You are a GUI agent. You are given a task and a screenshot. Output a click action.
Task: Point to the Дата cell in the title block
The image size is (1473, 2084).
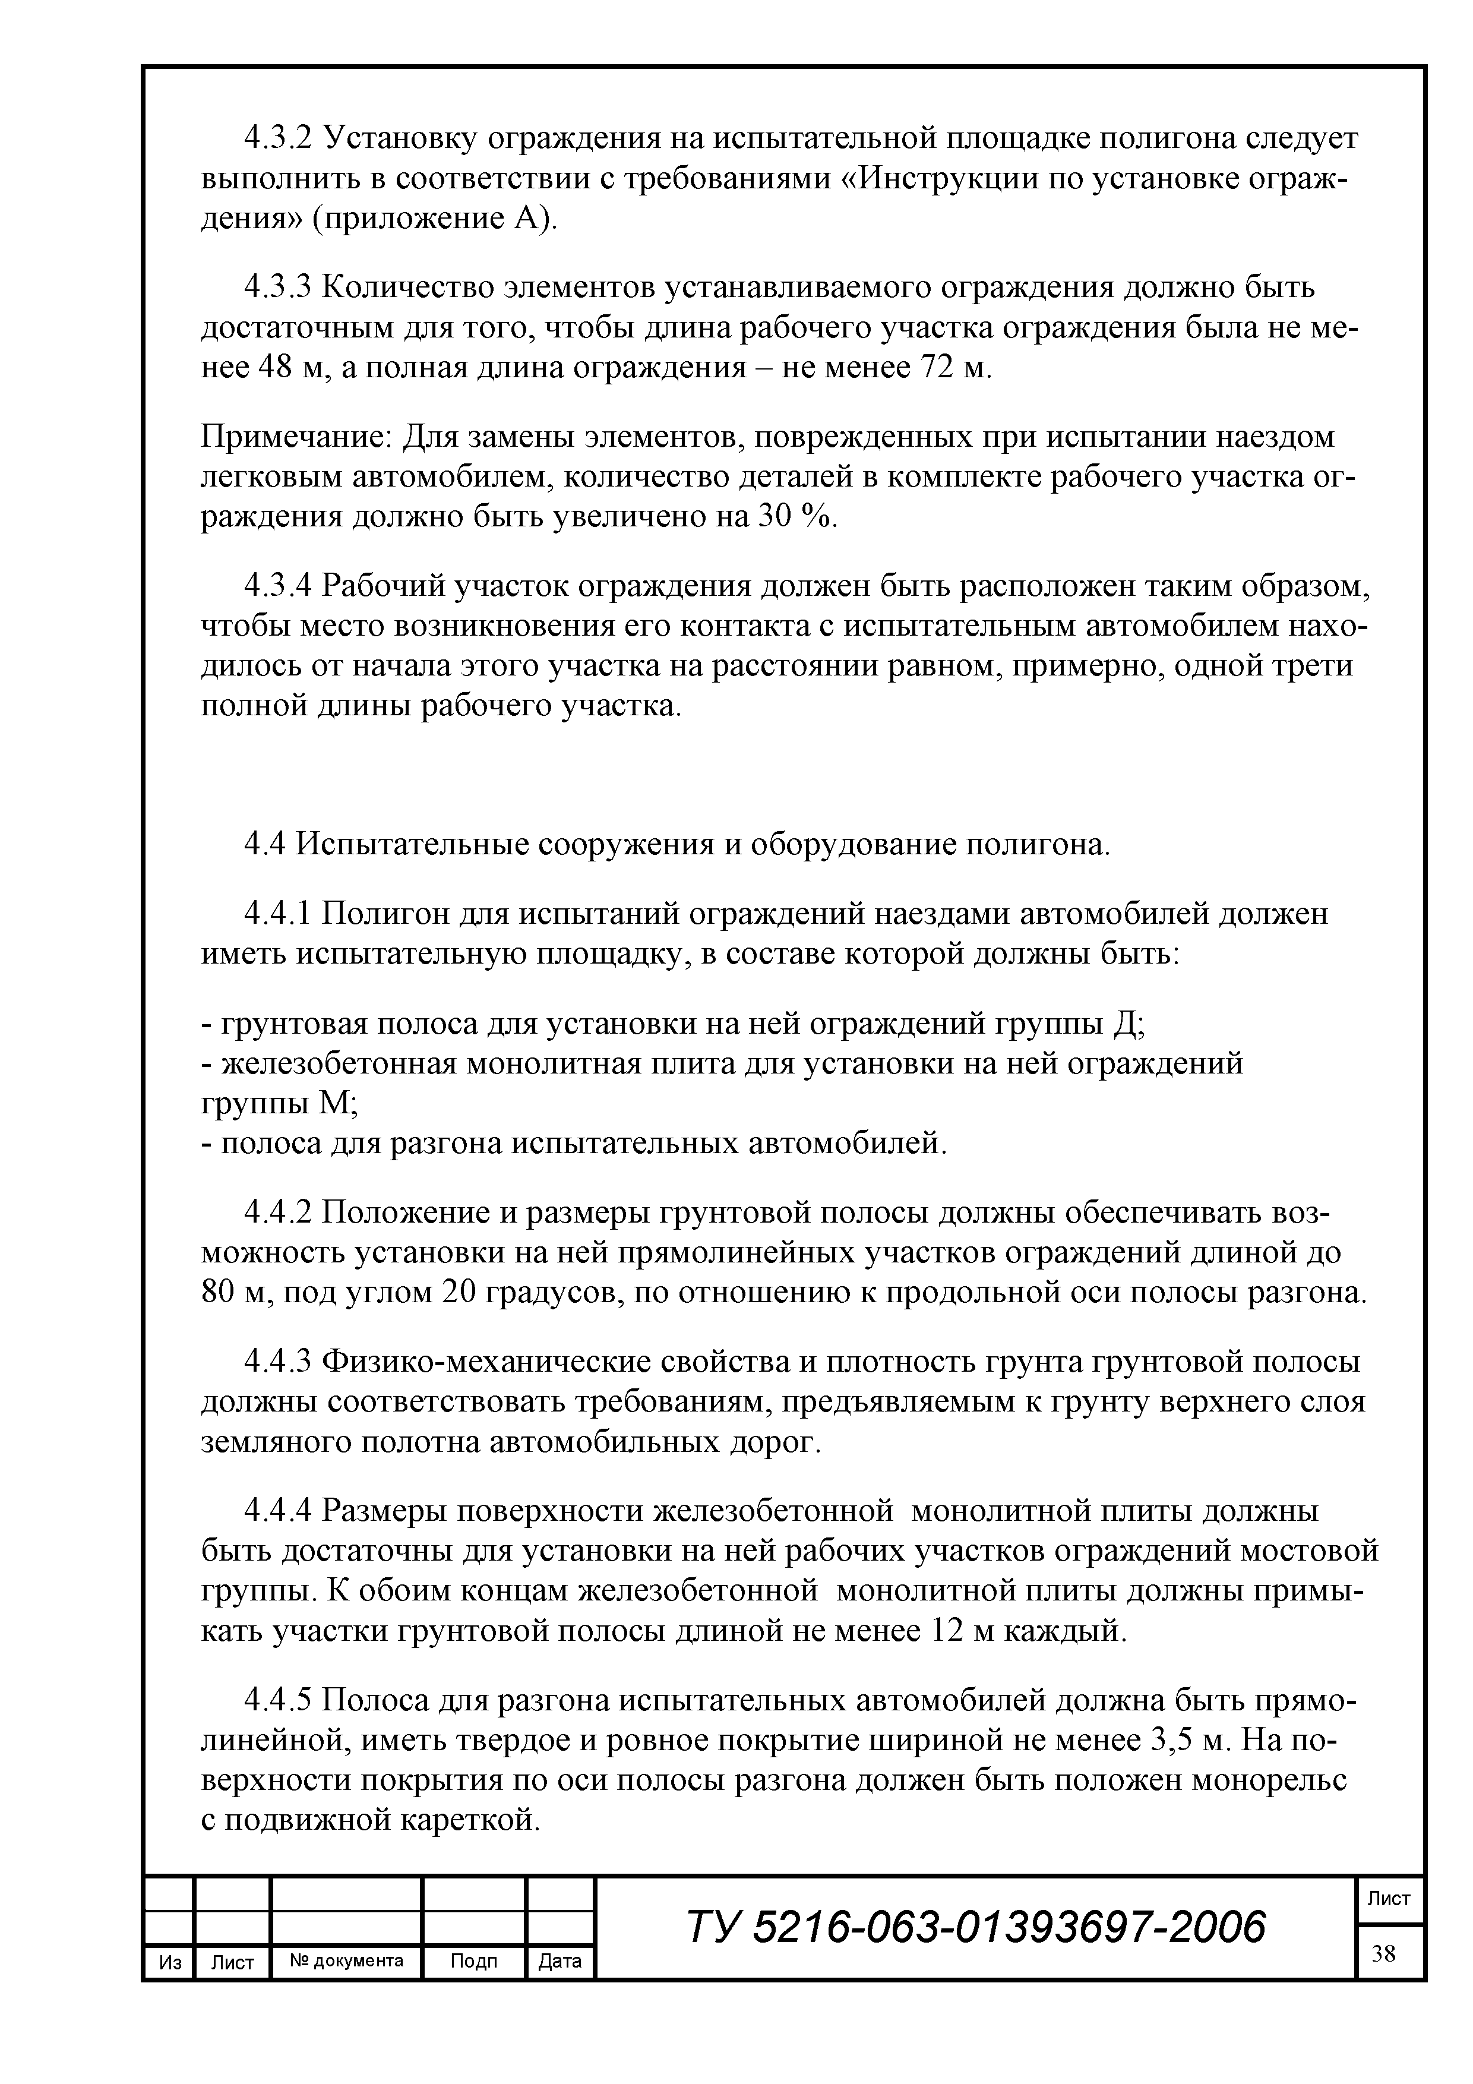click(560, 1962)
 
